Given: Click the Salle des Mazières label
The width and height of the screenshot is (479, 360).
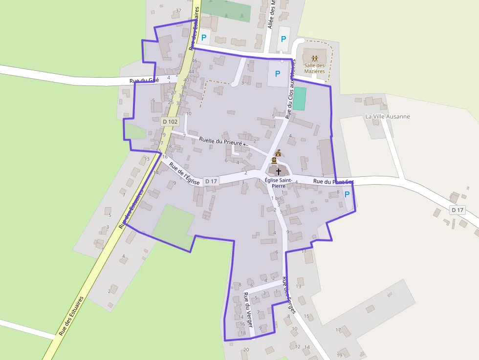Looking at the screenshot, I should (314, 68).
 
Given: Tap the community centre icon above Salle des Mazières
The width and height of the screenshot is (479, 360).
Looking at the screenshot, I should (314, 59).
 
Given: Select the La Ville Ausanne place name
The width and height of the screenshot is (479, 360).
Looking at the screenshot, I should (388, 117).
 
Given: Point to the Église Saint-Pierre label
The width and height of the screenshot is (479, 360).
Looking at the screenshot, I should (278, 183).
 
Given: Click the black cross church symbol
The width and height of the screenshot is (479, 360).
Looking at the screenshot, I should (279, 171).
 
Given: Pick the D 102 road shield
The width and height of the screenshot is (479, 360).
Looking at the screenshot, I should (170, 121).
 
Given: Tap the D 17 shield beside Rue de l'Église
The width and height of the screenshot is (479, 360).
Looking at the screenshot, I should (211, 181).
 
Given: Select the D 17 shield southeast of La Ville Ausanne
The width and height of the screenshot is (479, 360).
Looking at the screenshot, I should (457, 210).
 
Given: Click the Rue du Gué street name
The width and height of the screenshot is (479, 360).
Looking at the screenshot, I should (144, 81).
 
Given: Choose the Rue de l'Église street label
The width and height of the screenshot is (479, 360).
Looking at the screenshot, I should (185, 174).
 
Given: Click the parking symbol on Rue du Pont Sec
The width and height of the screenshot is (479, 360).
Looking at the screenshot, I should (347, 194).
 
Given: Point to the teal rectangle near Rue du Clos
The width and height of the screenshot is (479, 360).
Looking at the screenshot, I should (300, 99).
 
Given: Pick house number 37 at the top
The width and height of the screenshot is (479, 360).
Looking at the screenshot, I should (178, 10).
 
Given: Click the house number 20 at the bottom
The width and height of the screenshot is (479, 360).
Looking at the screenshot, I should (246, 349).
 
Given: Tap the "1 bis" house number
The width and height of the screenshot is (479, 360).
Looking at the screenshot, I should (276, 198).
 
